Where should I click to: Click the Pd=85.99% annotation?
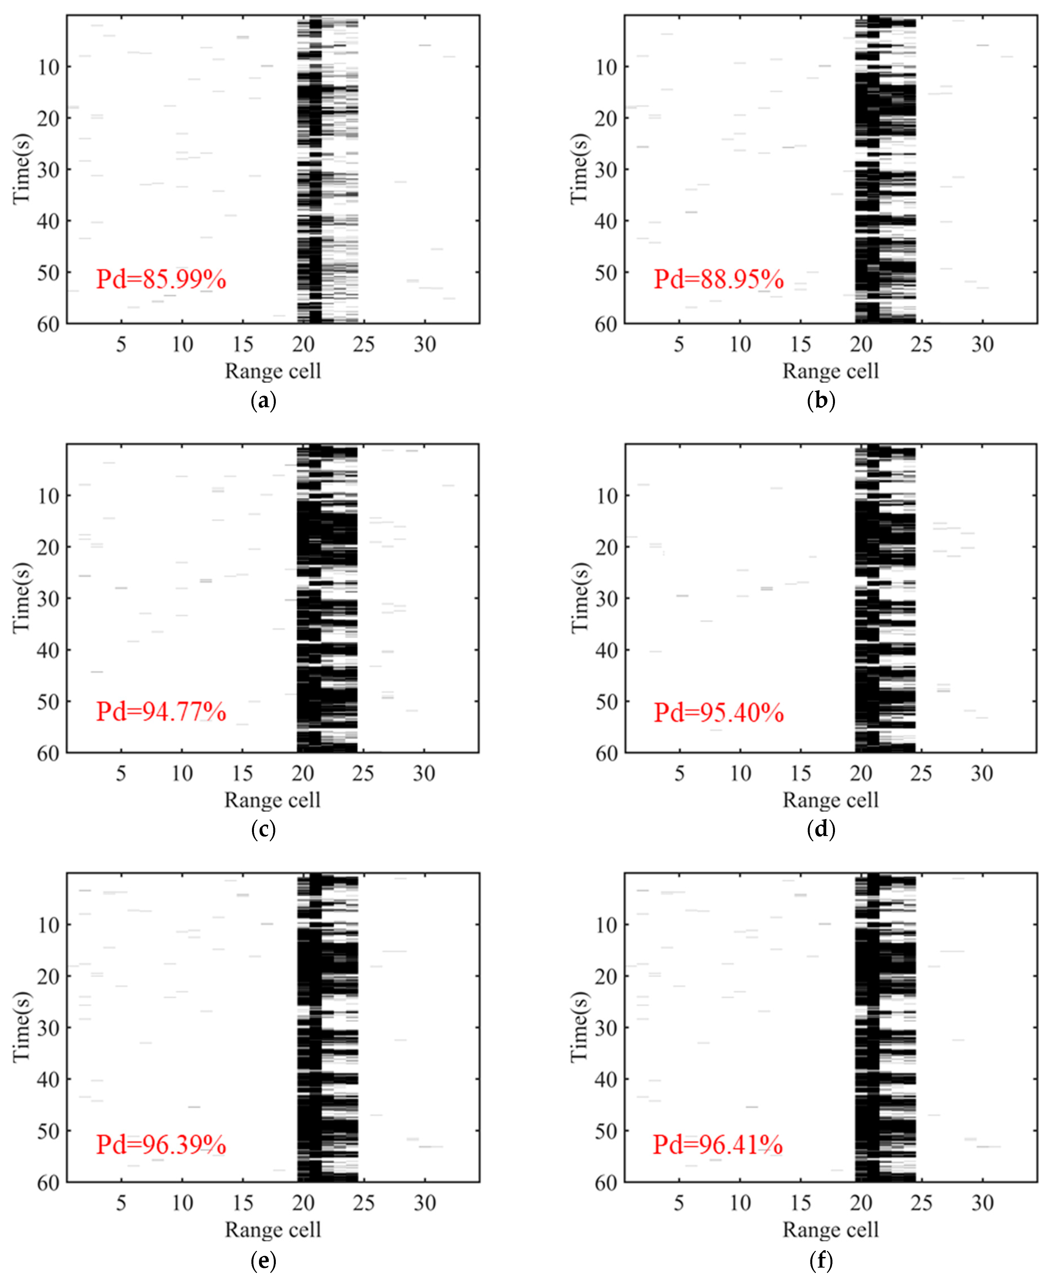pos(161,279)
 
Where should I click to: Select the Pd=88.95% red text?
pos(719,279)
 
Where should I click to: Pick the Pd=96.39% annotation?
pos(161,1144)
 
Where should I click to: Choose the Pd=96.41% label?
pos(718,1144)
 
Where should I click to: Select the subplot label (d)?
pos(821,830)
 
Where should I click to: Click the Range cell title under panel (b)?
pos(830,371)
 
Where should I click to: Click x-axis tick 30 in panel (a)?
pos(425,344)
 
